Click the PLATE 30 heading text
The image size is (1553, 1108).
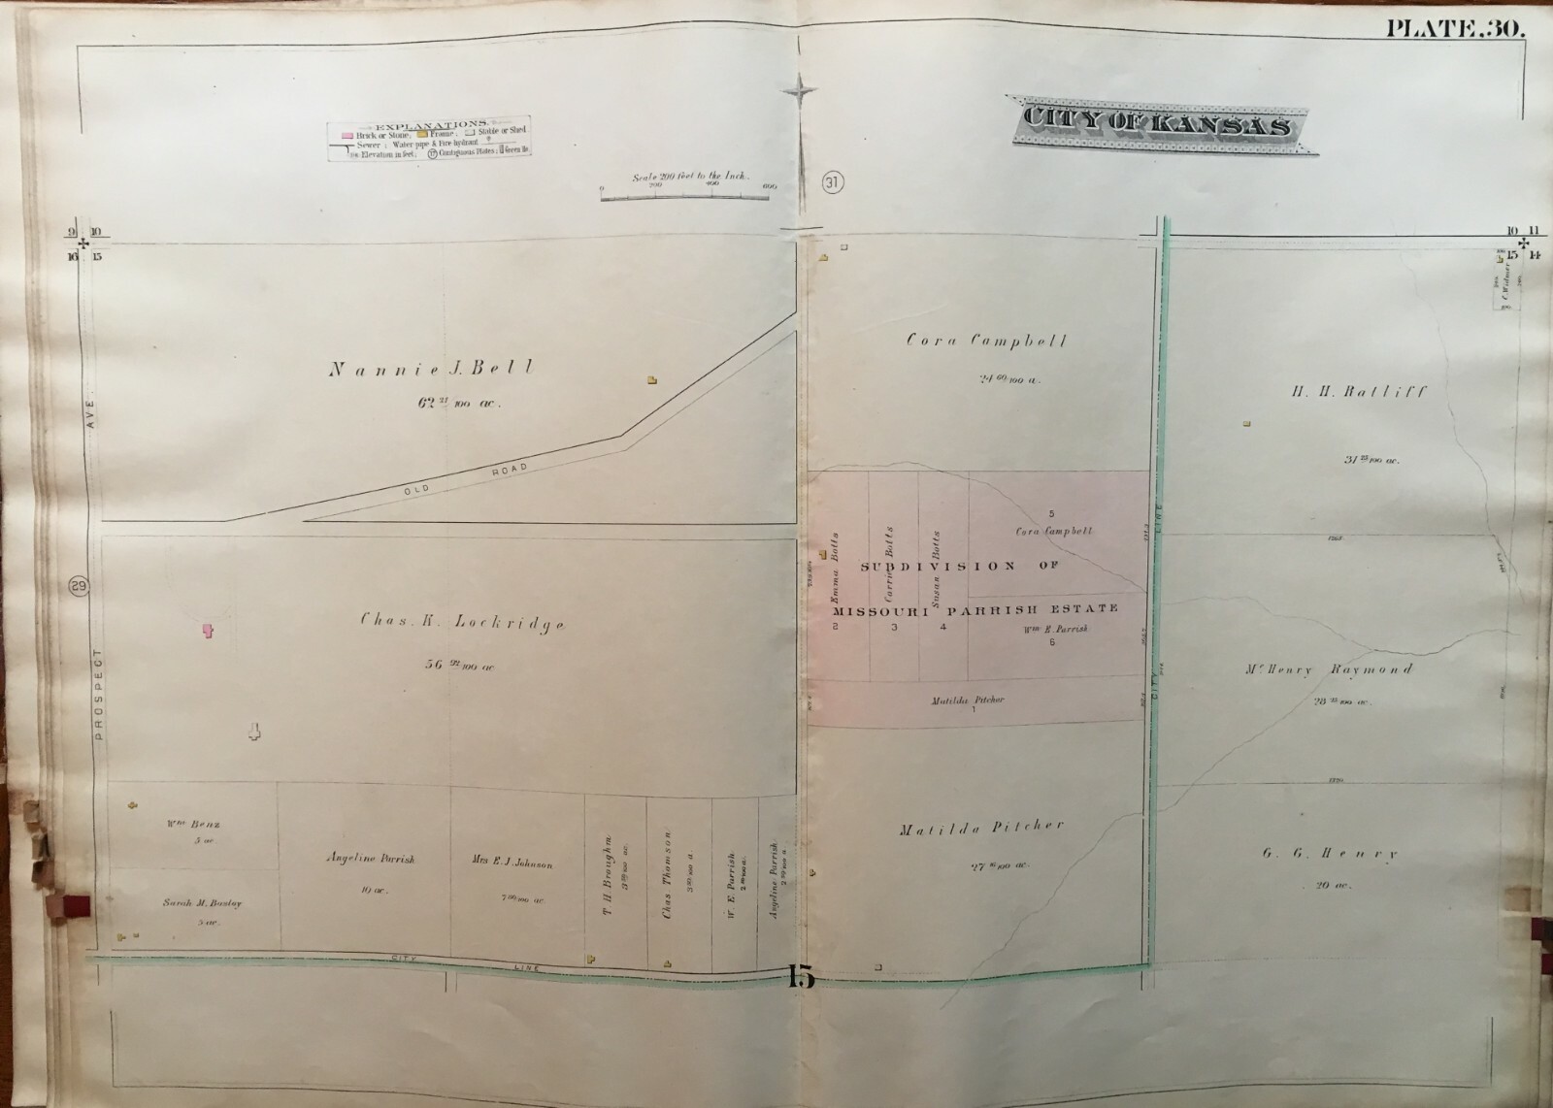(x=1455, y=29)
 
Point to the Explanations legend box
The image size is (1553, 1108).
(x=433, y=140)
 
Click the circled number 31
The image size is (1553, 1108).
(x=832, y=181)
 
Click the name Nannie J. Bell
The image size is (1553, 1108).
(x=431, y=369)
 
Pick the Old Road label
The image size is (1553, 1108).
(x=467, y=477)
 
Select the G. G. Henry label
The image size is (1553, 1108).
(x=1330, y=855)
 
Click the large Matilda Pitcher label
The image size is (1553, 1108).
(x=981, y=828)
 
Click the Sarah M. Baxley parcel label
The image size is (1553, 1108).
(x=202, y=903)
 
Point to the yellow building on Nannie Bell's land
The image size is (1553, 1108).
(x=652, y=380)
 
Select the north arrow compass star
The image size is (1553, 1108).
(x=803, y=93)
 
